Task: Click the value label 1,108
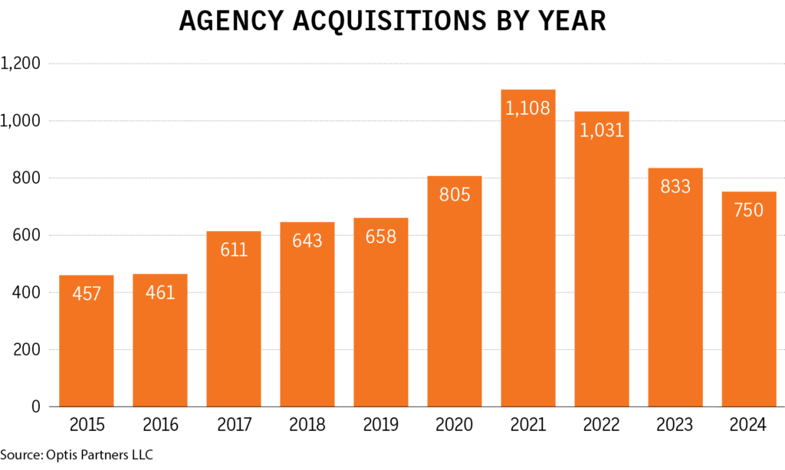(528, 108)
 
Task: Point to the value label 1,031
(602, 129)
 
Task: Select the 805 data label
(455, 194)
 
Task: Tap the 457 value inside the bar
(87, 293)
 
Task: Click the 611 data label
(234, 250)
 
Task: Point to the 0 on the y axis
(35, 407)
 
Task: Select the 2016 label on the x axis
(160, 424)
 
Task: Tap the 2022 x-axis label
(602, 424)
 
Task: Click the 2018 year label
(307, 424)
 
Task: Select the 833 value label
(675, 186)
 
